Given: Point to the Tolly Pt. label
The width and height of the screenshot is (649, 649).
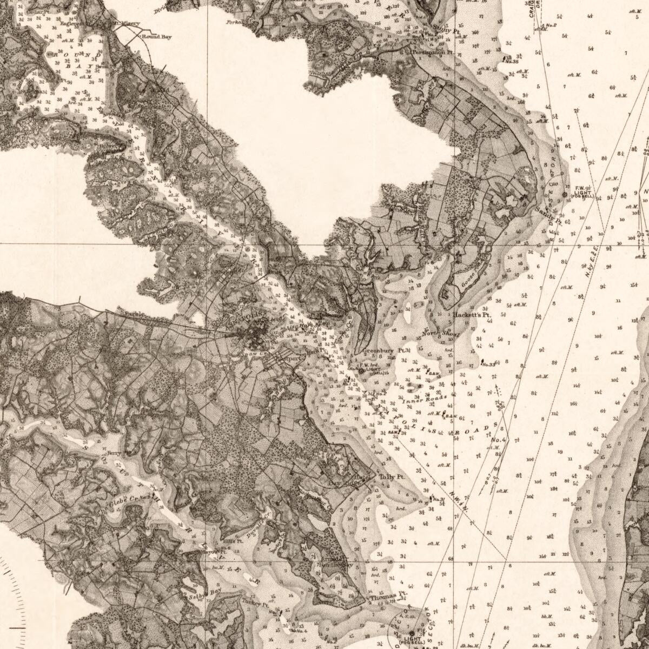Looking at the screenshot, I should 391,477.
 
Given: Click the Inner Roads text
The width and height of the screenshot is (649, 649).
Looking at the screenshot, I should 424,401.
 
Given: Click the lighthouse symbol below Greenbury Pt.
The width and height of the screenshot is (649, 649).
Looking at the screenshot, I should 362,372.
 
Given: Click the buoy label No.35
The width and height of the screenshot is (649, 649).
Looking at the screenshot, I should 512,61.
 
